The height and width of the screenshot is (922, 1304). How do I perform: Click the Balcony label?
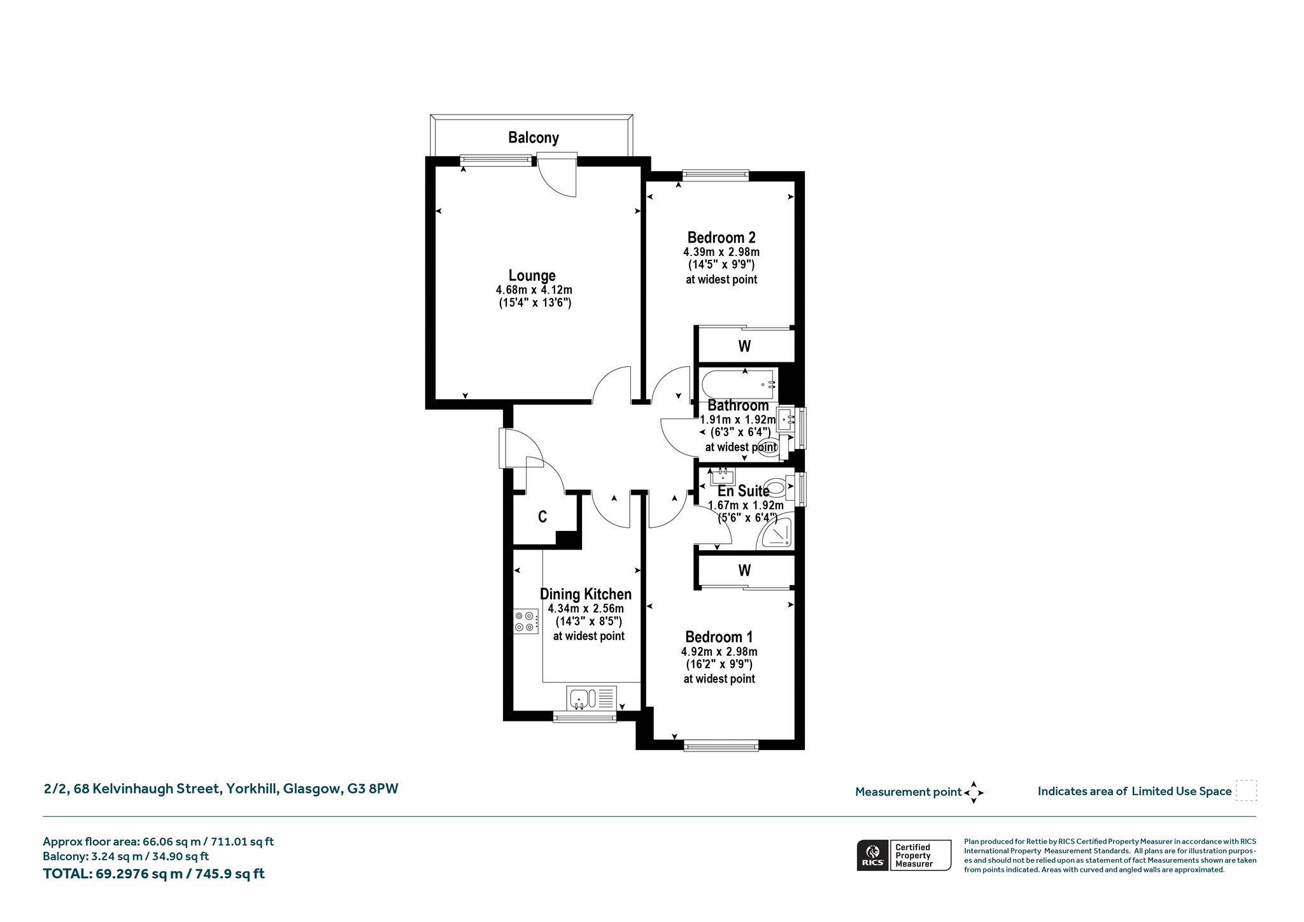click(534, 138)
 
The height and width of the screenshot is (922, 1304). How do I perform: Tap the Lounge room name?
click(532, 276)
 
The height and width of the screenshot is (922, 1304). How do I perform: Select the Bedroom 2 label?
click(721, 238)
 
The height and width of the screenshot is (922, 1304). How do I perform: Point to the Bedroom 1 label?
click(719, 637)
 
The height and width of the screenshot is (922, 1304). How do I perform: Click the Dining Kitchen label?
click(586, 594)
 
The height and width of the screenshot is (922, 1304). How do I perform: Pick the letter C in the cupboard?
click(542, 516)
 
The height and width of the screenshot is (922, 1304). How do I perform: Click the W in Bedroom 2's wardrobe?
click(744, 346)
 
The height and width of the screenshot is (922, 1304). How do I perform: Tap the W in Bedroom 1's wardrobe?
click(744, 570)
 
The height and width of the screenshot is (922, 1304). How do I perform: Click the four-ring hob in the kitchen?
click(526, 621)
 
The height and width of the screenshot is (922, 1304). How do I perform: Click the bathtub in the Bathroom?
click(739, 384)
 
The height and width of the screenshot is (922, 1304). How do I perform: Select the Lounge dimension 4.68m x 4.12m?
click(534, 290)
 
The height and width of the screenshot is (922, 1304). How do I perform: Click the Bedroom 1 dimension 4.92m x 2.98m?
click(719, 651)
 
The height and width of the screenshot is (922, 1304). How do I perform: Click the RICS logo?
click(872, 855)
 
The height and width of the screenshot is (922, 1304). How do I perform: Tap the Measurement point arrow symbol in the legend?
click(974, 793)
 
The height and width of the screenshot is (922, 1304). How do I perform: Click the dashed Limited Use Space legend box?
click(1246, 790)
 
